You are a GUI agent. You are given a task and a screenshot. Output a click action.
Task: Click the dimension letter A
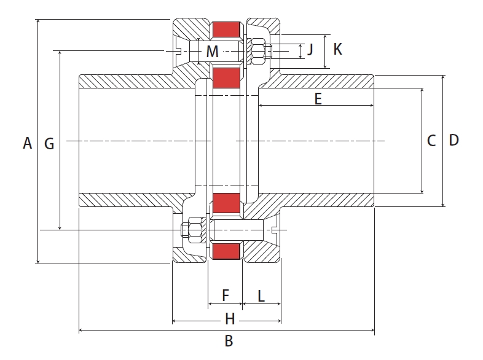coord(26,143)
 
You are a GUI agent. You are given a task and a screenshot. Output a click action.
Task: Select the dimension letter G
coord(49,144)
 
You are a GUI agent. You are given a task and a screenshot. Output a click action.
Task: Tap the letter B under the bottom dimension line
coord(228,342)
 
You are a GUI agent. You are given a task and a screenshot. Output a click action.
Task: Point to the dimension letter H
coord(229,319)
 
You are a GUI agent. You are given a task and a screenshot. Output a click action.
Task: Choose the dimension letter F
coord(225,296)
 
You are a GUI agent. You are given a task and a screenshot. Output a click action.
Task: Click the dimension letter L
coord(261,296)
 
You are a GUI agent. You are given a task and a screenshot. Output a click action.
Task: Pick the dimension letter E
coord(318,98)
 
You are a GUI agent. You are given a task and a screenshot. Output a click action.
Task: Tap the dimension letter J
coord(310,49)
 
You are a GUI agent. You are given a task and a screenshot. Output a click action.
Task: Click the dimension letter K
coord(337,49)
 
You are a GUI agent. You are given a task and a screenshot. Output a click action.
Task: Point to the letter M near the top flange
coord(212,52)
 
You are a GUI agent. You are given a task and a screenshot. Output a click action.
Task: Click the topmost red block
coord(226,29)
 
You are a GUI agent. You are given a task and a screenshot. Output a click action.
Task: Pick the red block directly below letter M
coord(226,77)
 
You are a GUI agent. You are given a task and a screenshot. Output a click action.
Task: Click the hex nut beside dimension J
coord(258,50)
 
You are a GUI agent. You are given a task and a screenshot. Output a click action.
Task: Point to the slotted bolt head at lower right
coord(275,230)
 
